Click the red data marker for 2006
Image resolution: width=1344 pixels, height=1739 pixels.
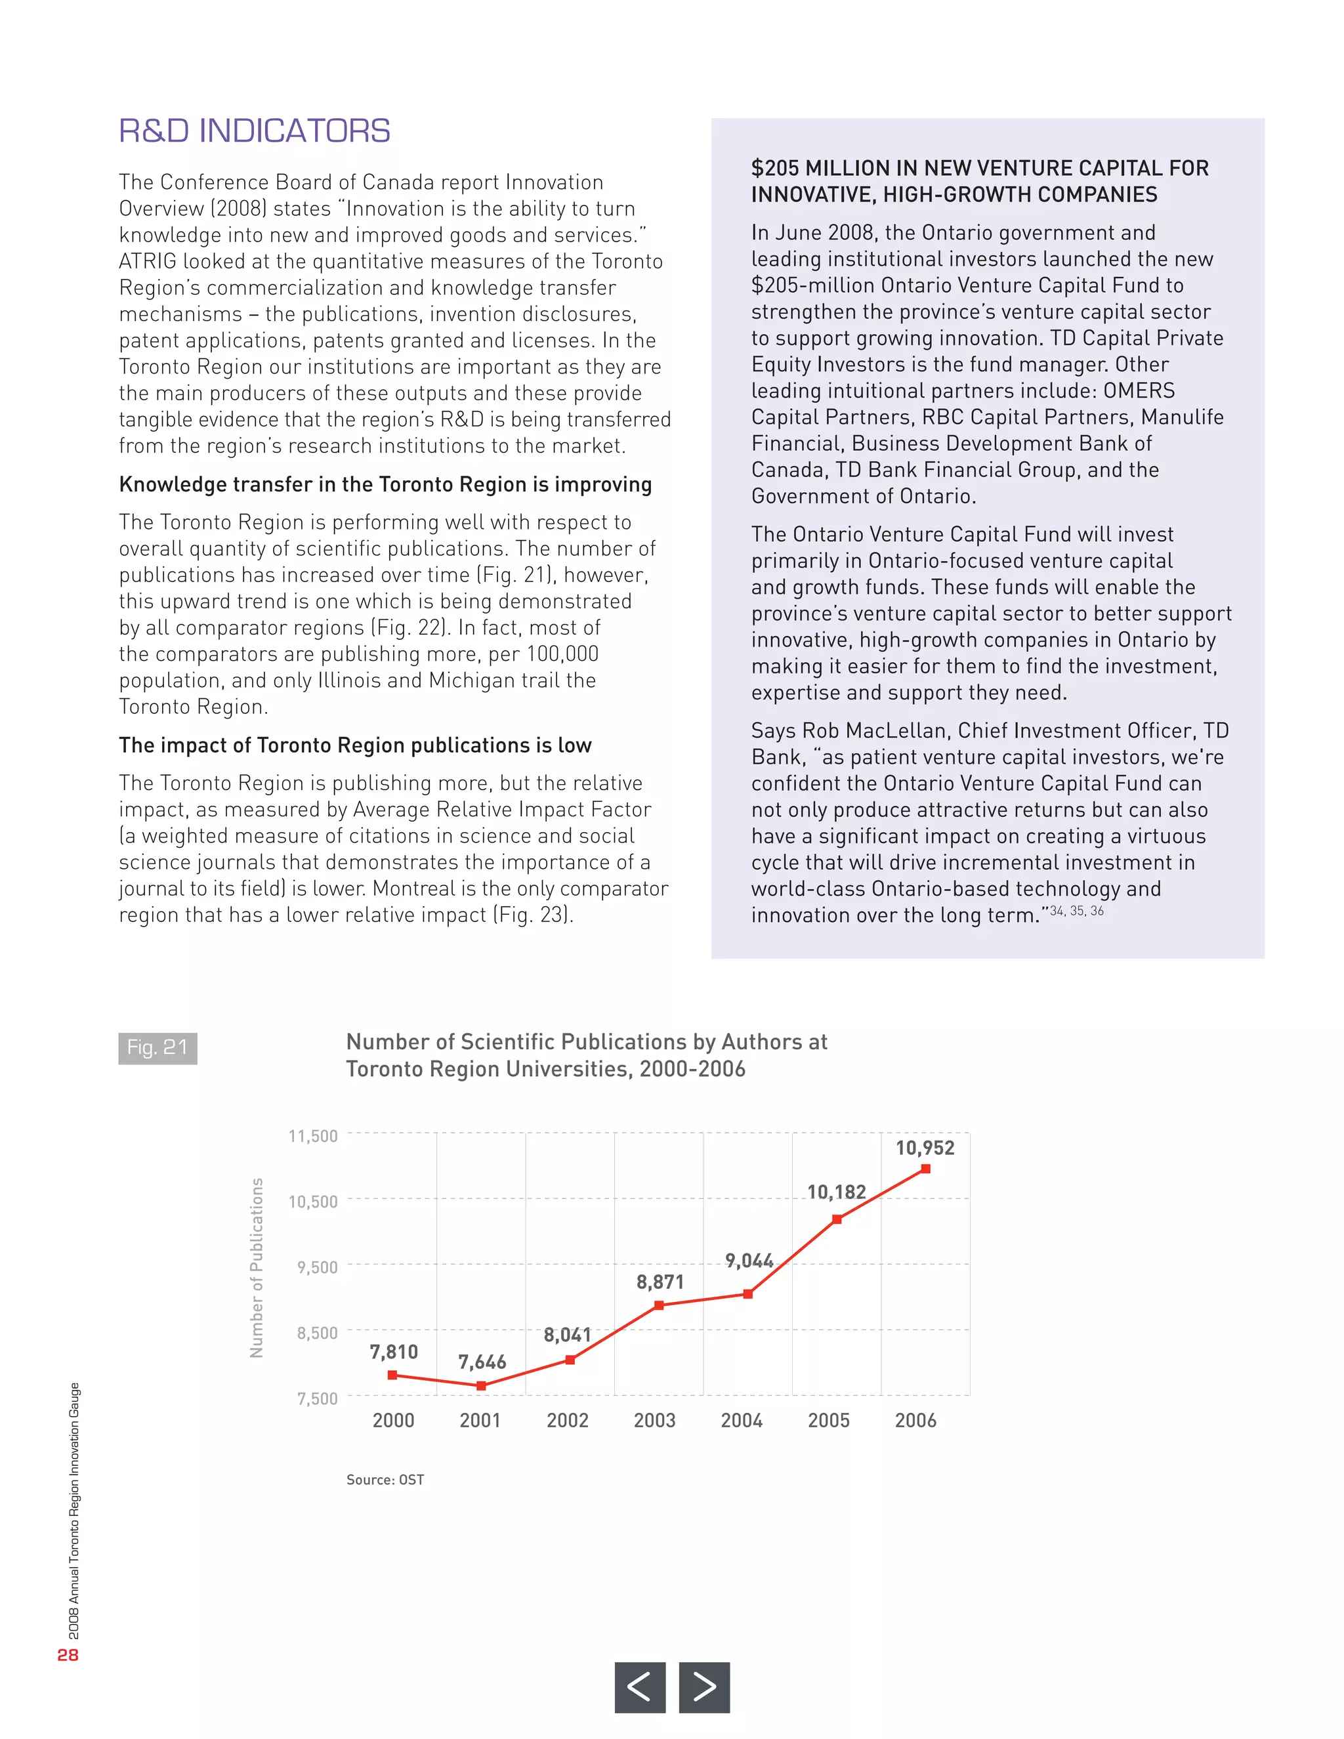coord(925,1169)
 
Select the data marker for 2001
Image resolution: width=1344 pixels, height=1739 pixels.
coord(481,1386)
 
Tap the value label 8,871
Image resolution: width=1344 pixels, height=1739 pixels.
coord(660,1282)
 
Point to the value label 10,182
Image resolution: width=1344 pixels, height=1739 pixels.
coord(836,1192)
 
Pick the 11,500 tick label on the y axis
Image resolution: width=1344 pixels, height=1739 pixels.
coord(313,1136)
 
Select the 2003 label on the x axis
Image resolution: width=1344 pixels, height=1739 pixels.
coord(654,1421)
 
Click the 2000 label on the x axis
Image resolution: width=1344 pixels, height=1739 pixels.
coord(393,1421)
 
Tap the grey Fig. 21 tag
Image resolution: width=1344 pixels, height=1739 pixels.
coord(157,1048)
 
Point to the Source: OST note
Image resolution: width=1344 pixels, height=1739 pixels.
coord(385,1479)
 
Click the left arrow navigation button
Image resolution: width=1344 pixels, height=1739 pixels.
coord(639,1687)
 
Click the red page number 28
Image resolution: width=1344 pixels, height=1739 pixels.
coord(68,1654)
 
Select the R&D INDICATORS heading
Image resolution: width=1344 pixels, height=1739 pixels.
coord(255,131)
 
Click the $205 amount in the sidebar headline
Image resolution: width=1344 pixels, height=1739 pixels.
coord(775,169)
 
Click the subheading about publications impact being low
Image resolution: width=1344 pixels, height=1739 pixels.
coord(355,745)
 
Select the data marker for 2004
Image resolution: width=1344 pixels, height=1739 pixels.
coord(747,1294)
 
